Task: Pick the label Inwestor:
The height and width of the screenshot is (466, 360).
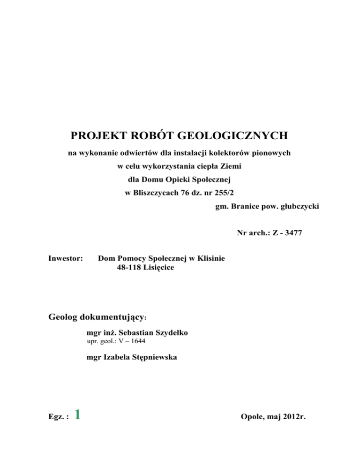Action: pos(66,258)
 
